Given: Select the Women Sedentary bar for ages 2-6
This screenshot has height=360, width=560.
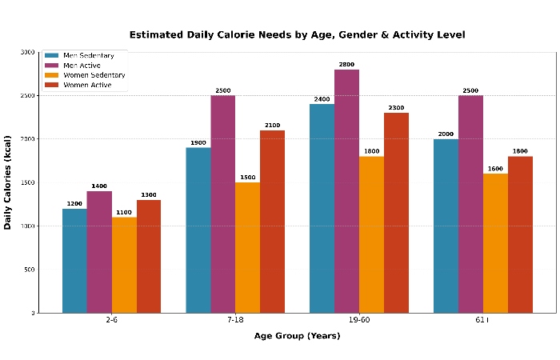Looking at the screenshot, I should pyautogui.click(x=124, y=264).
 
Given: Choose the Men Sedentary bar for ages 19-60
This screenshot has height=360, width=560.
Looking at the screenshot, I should pyautogui.click(x=322, y=208).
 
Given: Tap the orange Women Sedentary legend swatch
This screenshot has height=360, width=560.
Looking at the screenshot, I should pyautogui.click(x=51, y=75).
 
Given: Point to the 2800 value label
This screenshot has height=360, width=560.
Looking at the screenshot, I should pyautogui.click(x=346, y=65).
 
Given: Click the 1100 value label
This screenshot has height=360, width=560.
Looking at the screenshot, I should pyautogui.click(x=124, y=212).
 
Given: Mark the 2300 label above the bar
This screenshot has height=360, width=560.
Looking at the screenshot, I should pyautogui.click(x=396, y=108).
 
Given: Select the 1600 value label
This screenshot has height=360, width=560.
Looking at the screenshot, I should pyautogui.click(x=495, y=169).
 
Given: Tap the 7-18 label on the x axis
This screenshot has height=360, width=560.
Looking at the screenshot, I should pyautogui.click(x=235, y=320).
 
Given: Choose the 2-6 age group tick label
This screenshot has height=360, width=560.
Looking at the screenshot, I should pyautogui.click(x=111, y=320).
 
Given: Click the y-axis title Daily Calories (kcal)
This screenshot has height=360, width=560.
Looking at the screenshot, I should pyautogui.click(x=8, y=182).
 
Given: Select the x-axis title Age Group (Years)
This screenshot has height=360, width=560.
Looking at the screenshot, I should pyautogui.click(x=297, y=336).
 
